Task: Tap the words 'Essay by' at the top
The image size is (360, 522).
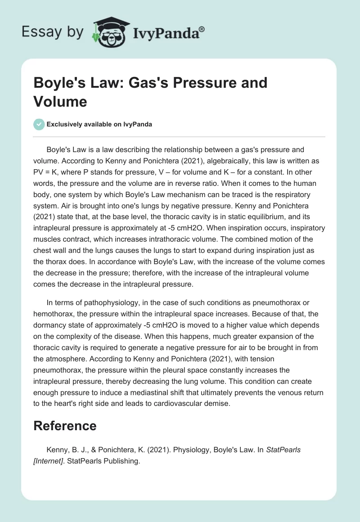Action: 52,32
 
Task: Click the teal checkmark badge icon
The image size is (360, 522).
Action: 39,124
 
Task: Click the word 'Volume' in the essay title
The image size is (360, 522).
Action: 60,101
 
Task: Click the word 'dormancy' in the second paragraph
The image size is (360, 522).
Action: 52,325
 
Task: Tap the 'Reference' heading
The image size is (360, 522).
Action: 65,426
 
